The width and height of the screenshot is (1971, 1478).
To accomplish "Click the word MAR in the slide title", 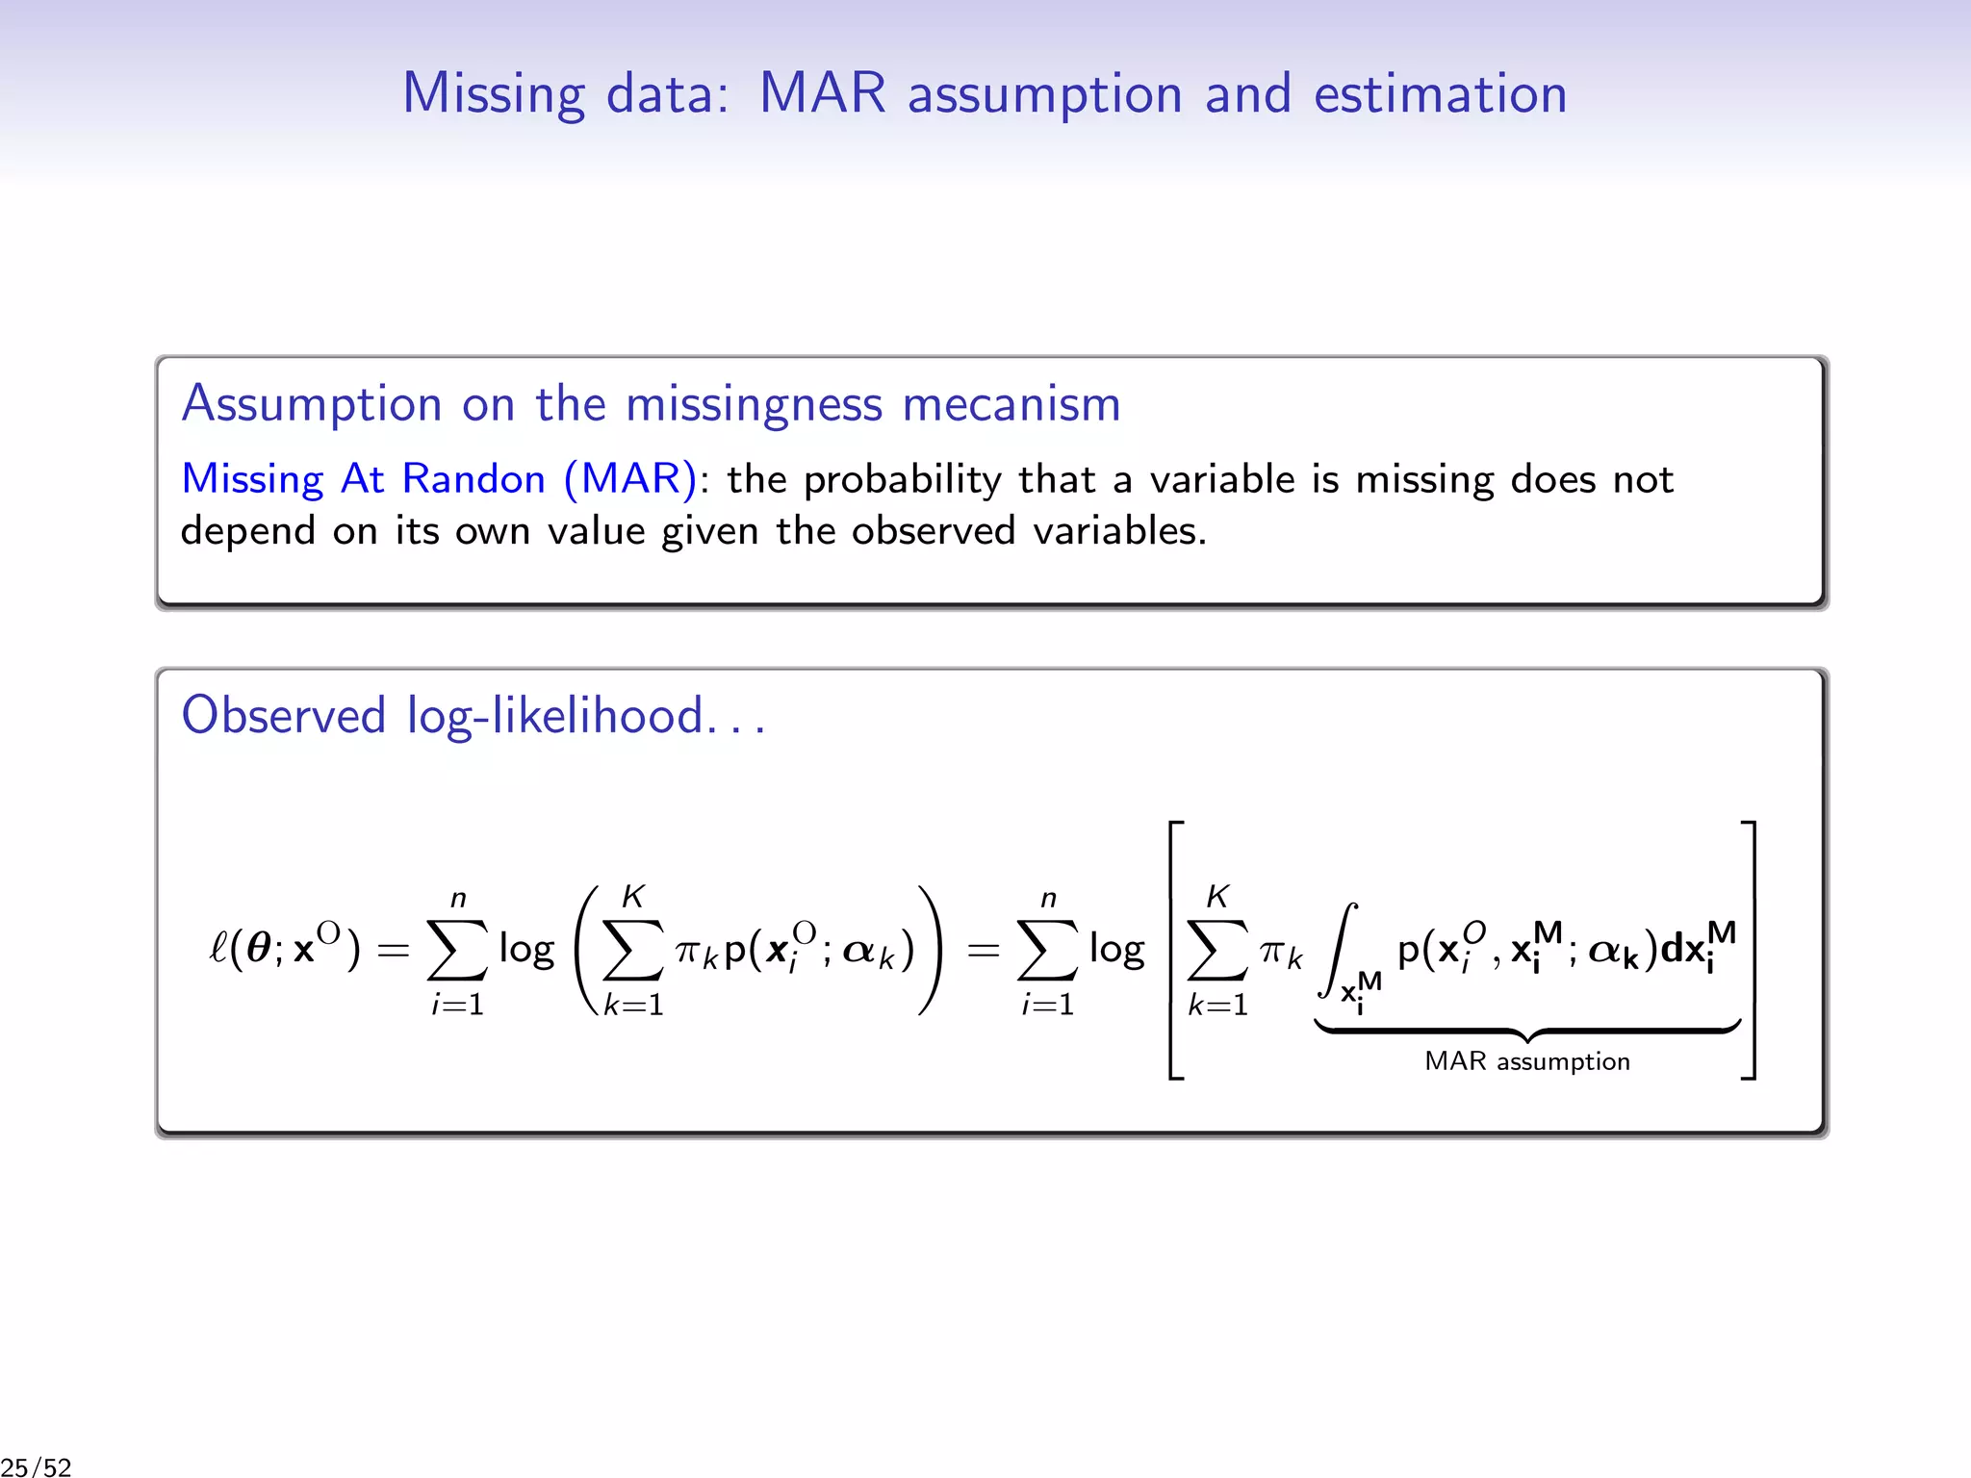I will pyautogui.click(x=822, y=94).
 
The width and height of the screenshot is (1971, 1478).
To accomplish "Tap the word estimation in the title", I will pyautogui.click(x=1440, y=94).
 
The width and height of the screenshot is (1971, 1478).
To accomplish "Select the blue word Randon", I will pyautogui.click(x=473, y=478).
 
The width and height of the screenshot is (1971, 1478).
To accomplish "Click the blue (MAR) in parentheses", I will pyautogui.click(x=630, y=478).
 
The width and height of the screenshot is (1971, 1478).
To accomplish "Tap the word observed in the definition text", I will pyautogui.click(x=933, y=530).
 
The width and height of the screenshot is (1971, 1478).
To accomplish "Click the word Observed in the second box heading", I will pyautogui.click(x=284, y=715).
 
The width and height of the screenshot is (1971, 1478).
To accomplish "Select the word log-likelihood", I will pyautogui.click(x=554, y=717).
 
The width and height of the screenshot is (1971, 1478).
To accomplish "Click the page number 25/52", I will pyautogui.click(x=37, y=1466).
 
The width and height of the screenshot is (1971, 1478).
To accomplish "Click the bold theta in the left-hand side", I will pyautogui.click(x=259, y=949).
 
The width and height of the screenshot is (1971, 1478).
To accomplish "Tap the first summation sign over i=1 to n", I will pyautogui.click(x=457, y=949).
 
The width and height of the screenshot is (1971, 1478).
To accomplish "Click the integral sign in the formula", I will pyautogui.click(x=1339, y=949).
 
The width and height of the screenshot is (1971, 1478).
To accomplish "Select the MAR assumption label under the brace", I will pyautogui.click(x=1526, y=1061).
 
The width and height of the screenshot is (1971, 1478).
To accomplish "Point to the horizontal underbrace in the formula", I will pyautogui.click(x=1526, y=1031).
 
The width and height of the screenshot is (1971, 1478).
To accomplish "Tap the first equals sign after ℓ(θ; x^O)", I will pyautogui.click(x=393, y=951).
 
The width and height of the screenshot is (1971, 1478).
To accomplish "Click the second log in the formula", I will pyautogui.click(x=1116, y=950).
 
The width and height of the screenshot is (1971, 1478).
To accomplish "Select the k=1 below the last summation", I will pyautogui.click(x=1217, y=1005).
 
